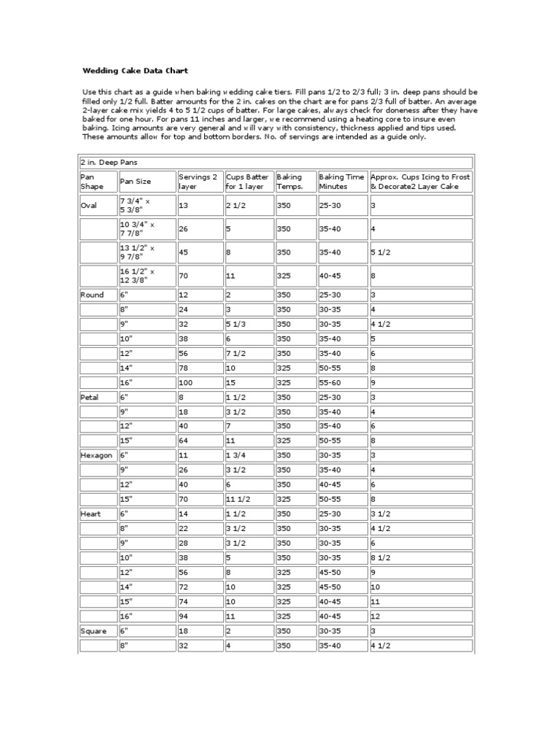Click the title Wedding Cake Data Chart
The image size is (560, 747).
[x=134, y=71]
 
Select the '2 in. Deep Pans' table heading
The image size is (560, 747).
[x=110, y=162]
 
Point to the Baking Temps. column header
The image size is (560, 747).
[x=289, y=182]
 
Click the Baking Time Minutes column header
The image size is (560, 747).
[x=341, y=182]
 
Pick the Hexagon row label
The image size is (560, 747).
[x=96, y=454]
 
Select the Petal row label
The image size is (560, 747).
[x=89, y=397]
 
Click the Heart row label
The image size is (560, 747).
[x=90, y=514]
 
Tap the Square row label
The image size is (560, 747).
[x=92, y=630]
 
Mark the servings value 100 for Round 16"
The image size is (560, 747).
[x=187, y=382]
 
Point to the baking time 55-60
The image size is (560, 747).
[x=330, y=382]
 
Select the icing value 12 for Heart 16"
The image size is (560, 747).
[x=376, y=616]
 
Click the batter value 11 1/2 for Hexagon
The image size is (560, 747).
[x=240, y=499]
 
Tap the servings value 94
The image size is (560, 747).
[x=184, y=616]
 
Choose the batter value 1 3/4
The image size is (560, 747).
[x=237, y=454]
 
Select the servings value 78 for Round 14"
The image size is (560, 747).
[x=184, y=368]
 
